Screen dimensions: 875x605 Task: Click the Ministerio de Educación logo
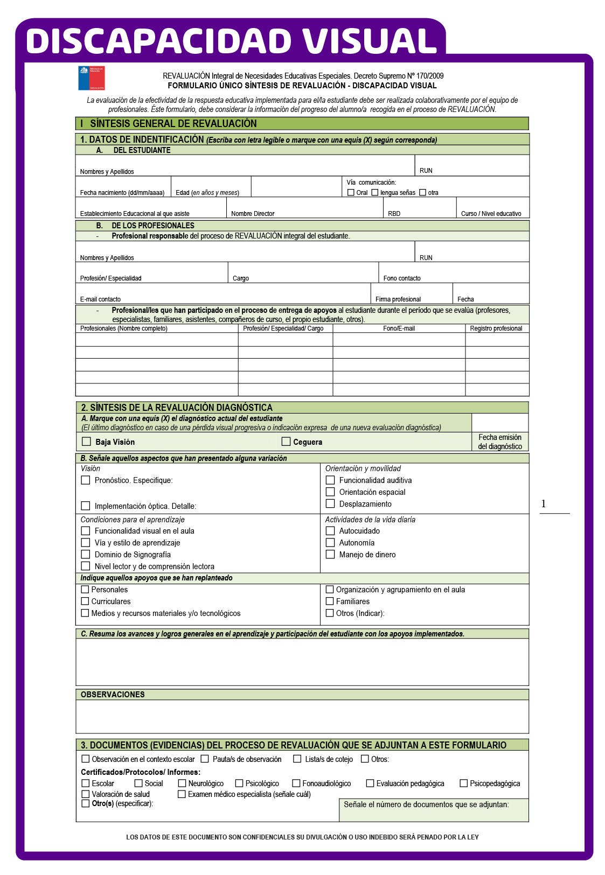pos(92,78)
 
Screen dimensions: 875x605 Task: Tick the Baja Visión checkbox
pos(86,442)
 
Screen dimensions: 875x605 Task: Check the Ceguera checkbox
pos(286,442)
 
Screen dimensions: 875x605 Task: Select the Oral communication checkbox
pos(351,192)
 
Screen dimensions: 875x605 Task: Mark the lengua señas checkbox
pos(375,192)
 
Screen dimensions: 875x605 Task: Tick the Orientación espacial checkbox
pos(330,492)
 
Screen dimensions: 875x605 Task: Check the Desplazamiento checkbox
pos(330,503)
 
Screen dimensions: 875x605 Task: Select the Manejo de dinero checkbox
pos(330,554)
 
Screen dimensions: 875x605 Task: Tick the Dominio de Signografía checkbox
pos(86,554)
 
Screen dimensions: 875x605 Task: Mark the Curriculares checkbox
pos(85,601)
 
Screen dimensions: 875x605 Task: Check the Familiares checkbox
pos(330,601)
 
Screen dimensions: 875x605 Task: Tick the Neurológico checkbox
pos(182,783)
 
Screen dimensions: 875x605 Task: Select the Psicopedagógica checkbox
pos(463,783)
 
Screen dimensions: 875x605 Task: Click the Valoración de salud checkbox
pos(86,794)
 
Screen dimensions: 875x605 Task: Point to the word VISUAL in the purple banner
pos(369,41)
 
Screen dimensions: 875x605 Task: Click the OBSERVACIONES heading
pos(113,695)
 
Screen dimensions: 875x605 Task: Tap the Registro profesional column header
pos(496,328)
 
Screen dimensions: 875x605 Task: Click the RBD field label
pos(394,214)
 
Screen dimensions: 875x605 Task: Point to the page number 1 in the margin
pos(544,503)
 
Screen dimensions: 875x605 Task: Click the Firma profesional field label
pos(398,299)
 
